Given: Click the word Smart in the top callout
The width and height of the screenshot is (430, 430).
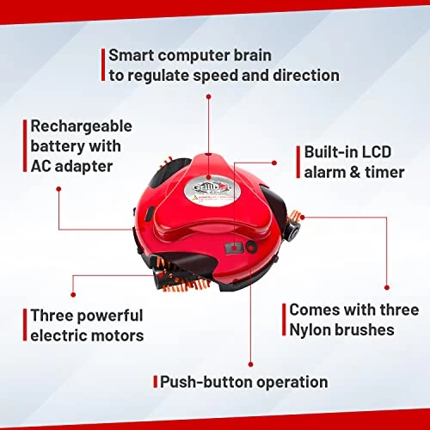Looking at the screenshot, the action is pos(132,55).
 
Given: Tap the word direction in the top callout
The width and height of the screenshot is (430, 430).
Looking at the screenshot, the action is pos(306,76).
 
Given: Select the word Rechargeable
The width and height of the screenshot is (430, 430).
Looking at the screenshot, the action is pos(81,127).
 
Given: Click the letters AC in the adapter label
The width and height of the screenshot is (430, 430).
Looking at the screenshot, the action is pos(40,166).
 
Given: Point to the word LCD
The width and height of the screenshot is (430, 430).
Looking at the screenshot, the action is pos(377,152).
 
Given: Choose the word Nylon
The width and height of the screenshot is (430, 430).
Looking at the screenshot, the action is pos(310,330).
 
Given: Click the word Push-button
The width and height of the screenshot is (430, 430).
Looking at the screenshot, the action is pos(206,382).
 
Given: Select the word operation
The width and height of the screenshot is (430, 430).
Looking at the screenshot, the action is pos(292,383).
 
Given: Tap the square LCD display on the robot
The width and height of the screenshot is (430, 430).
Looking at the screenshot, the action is pos(235,248).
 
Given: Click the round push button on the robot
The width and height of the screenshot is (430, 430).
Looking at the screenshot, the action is pos(251,247).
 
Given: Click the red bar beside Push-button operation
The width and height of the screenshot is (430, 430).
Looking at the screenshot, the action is pos(156,382).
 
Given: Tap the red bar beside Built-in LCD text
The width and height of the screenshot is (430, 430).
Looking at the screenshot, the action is pos(298,162).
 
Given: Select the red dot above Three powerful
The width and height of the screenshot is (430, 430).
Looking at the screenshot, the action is pos(73,294).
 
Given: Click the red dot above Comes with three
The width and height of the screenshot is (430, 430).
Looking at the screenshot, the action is pos(387,287).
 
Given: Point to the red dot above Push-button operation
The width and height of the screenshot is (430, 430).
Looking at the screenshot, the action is pos(251,365).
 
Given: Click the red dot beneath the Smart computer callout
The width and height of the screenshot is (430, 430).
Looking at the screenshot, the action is pos(209,96).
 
